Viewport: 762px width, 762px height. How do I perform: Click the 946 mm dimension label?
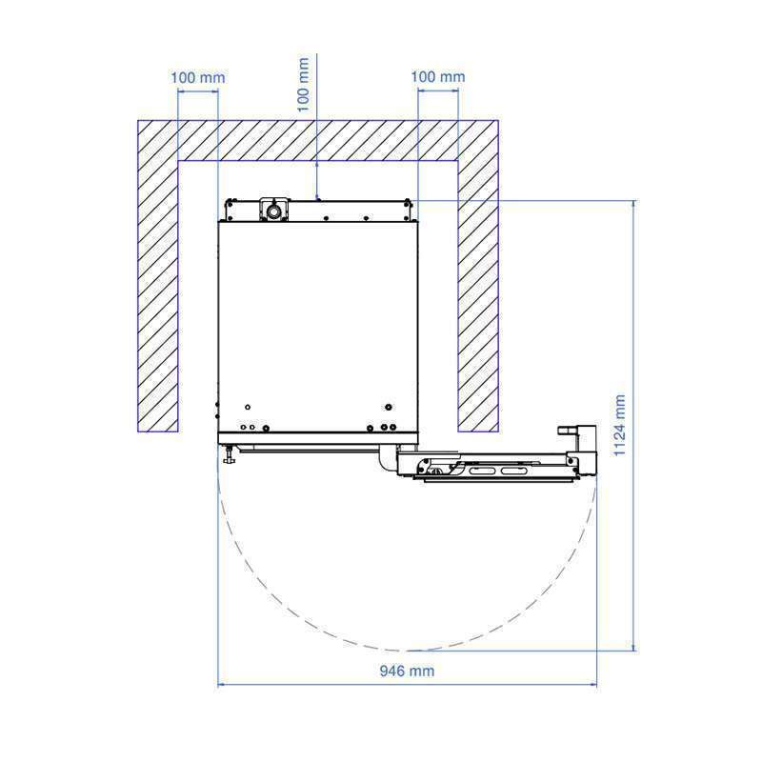click(x=407, y=671)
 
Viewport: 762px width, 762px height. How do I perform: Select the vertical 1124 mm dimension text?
click(x=619, y=425)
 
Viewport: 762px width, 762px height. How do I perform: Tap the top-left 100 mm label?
click(x=198, y=77)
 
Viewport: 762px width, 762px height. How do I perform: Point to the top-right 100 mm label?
click(x=438, y=76)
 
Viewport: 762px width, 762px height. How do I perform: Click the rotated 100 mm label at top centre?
click(x=303, y=84)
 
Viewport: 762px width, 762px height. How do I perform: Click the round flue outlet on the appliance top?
click(x=274, y=211)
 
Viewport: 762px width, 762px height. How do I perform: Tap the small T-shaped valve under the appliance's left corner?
click(x=229, y=455)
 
